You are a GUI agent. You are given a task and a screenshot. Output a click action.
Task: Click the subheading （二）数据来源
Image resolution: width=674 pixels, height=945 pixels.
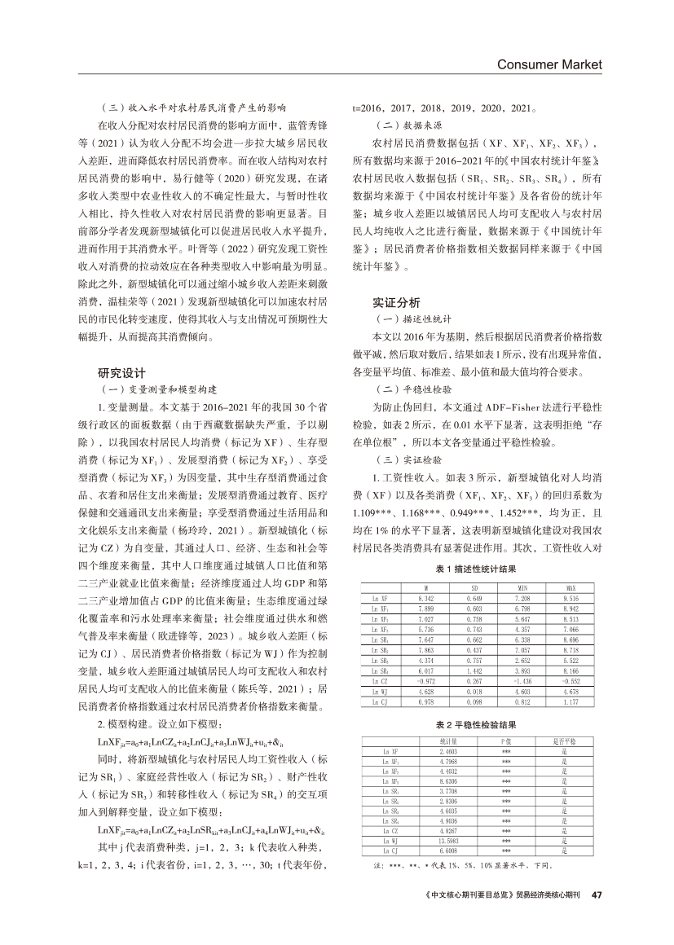pos(393,126)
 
